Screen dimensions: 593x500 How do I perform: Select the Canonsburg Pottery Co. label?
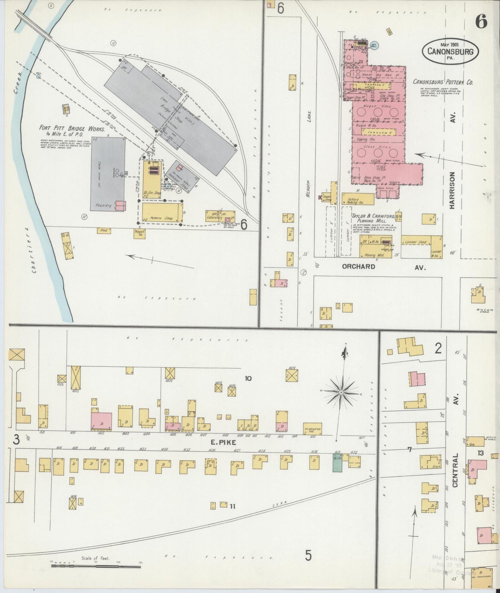(x=443, y=82)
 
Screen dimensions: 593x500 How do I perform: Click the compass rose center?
(x=341, y=392)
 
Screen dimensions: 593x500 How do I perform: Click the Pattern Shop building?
(x=162, y=212)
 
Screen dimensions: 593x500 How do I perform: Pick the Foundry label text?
(x=104, y=206)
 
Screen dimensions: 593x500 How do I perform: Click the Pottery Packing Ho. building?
(x=358, y=199)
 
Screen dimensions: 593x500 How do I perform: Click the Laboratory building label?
(x=215, y=217)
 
